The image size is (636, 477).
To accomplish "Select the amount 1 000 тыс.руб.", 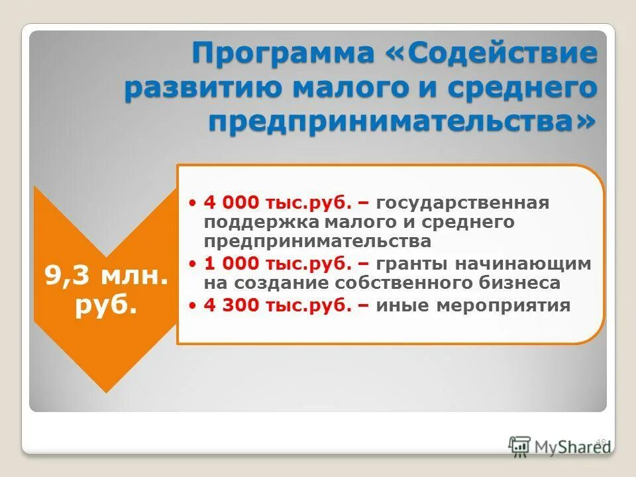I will tap(278, 264).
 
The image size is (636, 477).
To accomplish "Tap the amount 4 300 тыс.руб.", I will tap(278, 305).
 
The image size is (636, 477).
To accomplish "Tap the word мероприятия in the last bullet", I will tap(506, 305).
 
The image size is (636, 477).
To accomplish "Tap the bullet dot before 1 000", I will tap(193, 264).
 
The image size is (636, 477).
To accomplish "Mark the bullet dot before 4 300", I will tap(193, 305).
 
